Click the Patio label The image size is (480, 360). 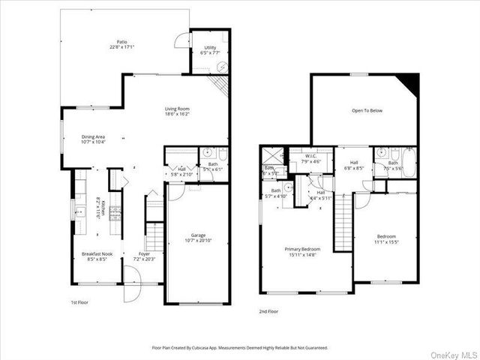pyautogui.click(x=121, y=43)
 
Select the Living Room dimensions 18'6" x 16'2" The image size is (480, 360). pyautogui.click(x=177, y=115)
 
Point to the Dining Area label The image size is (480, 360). pyautogui.click(x=97, y=136)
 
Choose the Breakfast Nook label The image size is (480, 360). pyautogui.click(x=97, y=254)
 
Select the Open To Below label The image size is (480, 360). pyautogui.click(x=367, y=110)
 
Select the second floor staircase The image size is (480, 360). pyautogui.click(x=342, y=221)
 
